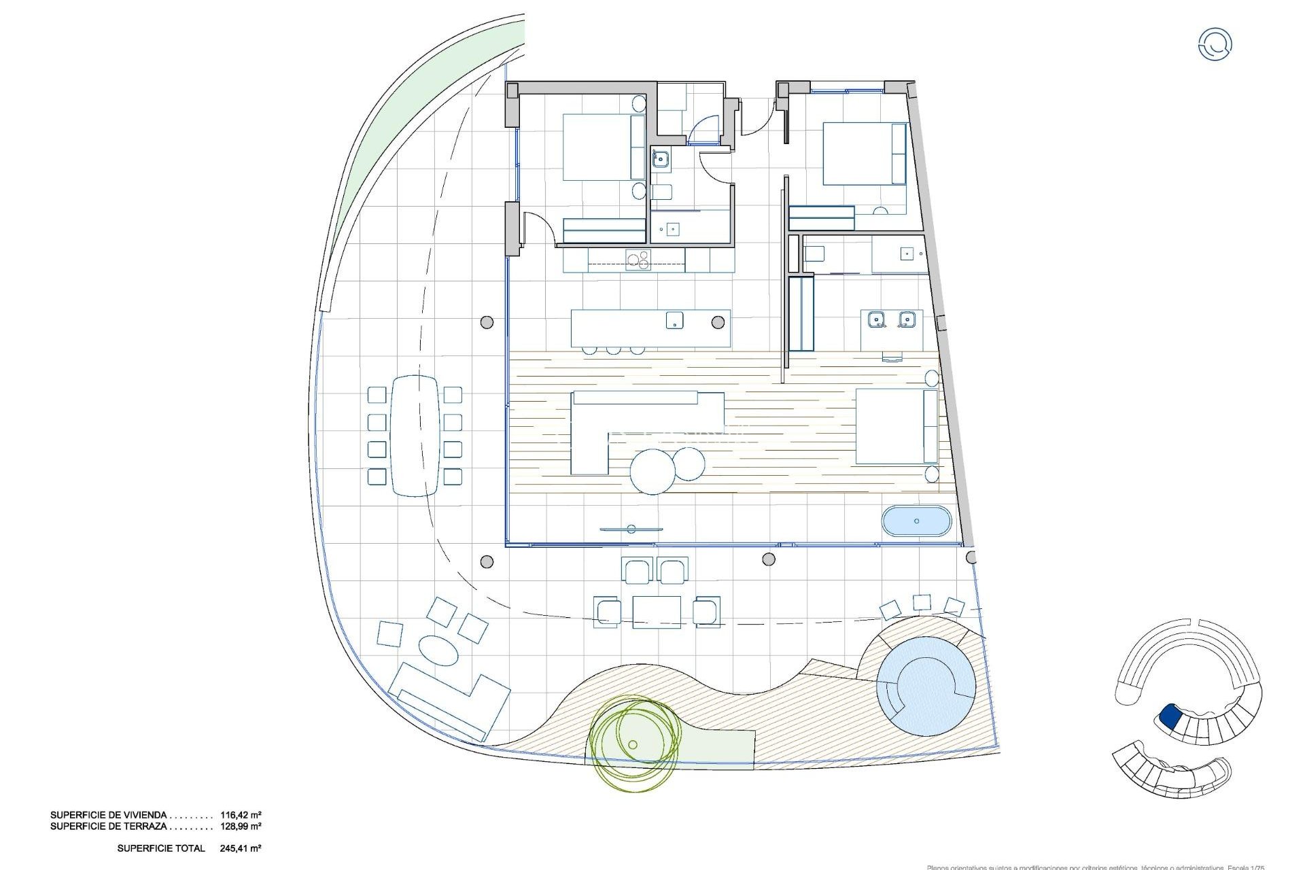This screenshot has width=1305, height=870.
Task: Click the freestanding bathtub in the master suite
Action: tap(917, 521)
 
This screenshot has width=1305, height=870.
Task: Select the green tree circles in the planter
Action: tap(634, 744)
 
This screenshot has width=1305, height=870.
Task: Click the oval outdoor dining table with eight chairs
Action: tap(415, 435)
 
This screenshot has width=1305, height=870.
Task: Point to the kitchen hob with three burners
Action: tap(638, 260)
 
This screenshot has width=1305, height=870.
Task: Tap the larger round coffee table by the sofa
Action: tap(652, 471)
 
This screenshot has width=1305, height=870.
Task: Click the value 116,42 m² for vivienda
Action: tap(241, 814)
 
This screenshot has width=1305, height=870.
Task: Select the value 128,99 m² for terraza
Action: tap(241, 826)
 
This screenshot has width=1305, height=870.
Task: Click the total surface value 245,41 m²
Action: tap(241, 848)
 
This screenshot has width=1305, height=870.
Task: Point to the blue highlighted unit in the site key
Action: tap(1170, 716)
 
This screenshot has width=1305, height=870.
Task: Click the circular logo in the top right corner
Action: tap(1215, 45)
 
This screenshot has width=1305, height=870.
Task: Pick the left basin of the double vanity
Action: tap(877, 318)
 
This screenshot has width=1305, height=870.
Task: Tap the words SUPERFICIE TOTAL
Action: tap(161, 848)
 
